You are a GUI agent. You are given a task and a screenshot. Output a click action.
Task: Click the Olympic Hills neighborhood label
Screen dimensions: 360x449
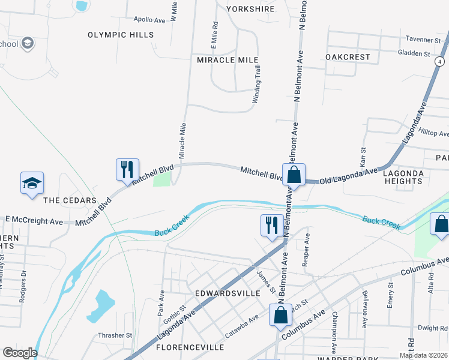point(121,35)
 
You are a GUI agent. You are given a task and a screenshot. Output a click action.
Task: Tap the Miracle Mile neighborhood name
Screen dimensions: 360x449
point(228,60)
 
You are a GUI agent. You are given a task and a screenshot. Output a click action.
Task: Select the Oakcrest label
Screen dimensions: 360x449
point(348,57)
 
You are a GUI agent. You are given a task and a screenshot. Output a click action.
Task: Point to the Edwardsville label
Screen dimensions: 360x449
point(228,293)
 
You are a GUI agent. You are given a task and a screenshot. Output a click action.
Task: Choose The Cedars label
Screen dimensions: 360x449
point(70,200)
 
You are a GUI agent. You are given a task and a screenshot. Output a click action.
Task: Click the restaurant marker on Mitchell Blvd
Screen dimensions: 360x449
point(127,169)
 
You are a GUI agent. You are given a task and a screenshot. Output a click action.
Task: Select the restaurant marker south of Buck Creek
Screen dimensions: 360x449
point(271,225)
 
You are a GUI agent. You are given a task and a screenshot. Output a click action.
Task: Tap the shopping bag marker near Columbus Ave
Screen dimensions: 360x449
point(280,314)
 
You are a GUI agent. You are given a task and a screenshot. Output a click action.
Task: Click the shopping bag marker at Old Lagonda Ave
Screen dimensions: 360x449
point(294,175)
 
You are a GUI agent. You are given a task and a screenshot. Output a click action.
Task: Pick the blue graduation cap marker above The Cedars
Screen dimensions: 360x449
point(32,183)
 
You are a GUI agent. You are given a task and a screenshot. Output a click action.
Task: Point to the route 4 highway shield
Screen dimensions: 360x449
point(440,62)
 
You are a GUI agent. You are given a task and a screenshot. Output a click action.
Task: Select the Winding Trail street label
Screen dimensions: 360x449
point(257,86)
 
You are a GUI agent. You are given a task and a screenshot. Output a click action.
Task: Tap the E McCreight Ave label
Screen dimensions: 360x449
point(34,221)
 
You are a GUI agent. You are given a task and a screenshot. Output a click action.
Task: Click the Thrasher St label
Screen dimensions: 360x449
point(115,335)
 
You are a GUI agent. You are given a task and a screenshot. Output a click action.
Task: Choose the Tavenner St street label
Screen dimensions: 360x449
point(423,40)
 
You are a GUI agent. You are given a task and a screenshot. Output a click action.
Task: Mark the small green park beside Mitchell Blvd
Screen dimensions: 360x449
point(162,179)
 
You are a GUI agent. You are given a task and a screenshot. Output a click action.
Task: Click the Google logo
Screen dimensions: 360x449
point(19,353)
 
